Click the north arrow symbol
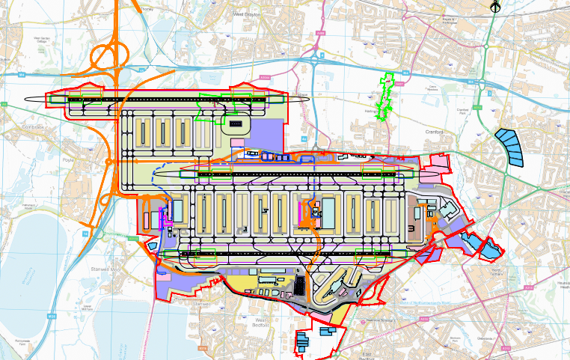[494, 7]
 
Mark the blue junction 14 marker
[85, 234]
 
